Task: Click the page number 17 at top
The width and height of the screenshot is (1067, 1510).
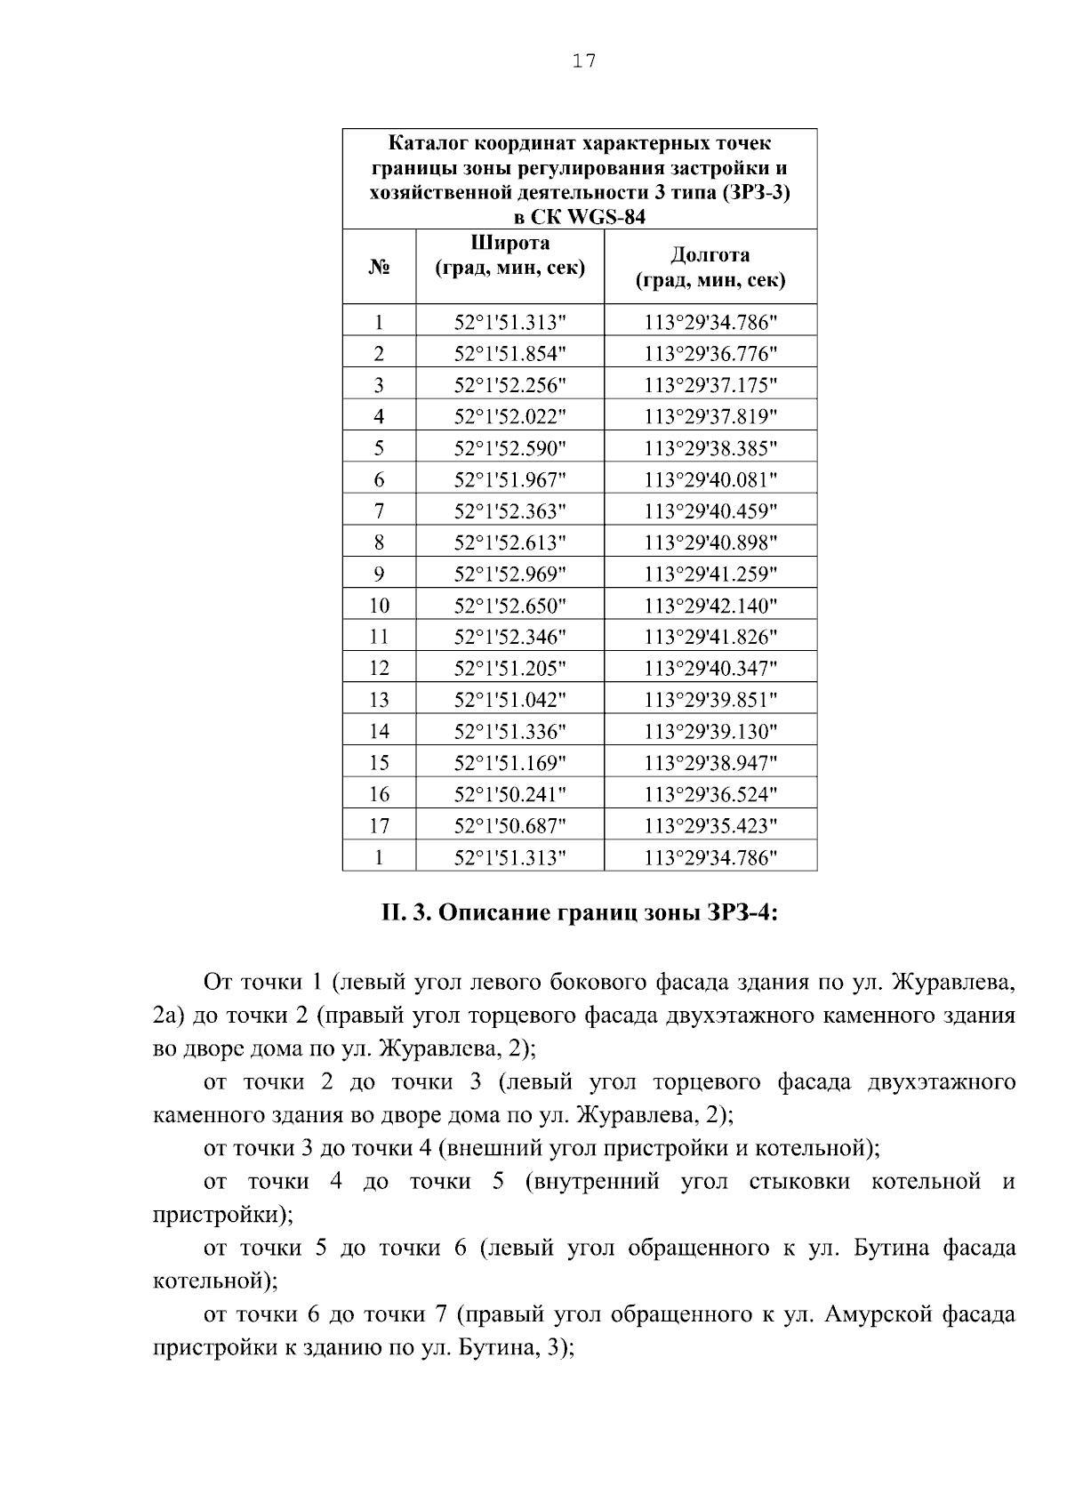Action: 584,61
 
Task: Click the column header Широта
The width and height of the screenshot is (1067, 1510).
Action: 509,243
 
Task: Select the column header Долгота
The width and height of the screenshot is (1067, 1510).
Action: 710,255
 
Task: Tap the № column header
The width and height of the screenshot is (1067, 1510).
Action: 379,267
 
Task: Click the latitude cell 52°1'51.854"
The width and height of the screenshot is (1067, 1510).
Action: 509,354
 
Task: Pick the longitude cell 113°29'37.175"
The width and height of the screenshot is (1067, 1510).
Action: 710,385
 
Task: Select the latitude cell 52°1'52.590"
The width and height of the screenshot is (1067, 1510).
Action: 509,448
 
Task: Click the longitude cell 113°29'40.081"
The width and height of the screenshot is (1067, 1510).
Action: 710,480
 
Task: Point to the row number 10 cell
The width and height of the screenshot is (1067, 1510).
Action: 379,606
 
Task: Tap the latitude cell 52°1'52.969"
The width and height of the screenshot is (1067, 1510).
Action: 509,574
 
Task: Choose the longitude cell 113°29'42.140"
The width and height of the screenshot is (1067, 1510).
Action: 710,606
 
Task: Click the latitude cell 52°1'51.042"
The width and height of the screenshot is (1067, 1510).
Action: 509,700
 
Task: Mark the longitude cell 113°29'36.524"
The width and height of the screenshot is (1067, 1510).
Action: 710,794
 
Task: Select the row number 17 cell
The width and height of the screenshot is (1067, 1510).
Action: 379,826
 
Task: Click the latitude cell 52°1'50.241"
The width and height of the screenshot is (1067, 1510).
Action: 509,794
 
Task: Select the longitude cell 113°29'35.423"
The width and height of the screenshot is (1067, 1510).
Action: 710,826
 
